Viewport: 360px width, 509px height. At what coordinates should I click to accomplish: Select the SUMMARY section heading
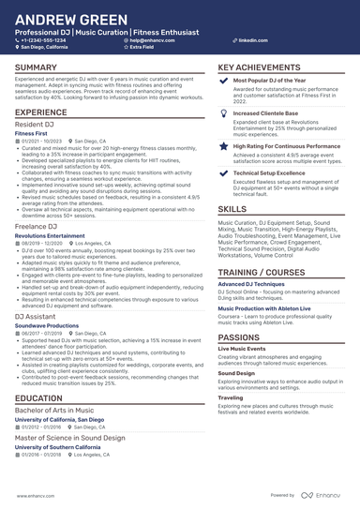(x=36, y=68)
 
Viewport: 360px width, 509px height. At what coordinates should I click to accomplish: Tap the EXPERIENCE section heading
(x=41, y=112)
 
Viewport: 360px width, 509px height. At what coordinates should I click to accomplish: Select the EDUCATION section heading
(x=38, y=398)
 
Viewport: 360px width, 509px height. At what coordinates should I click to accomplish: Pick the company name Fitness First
(x=32, y=133)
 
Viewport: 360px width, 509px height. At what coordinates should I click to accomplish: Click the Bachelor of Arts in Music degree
(x=52, y=411)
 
